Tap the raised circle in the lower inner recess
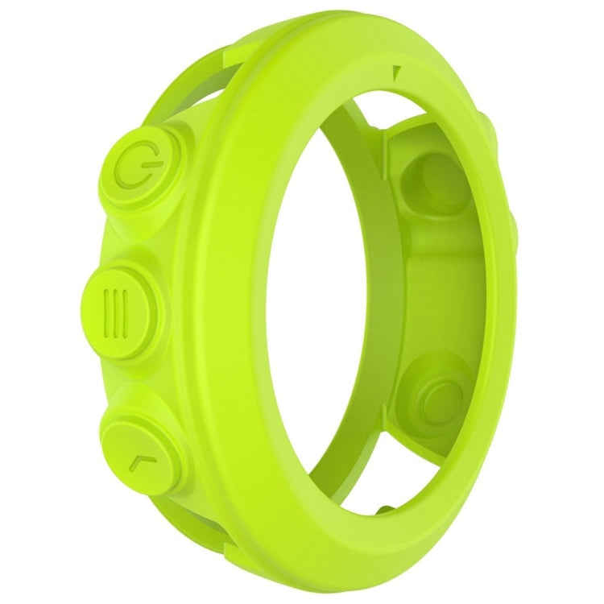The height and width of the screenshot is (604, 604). (x=441, y=395)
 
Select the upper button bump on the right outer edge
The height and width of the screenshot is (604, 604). (x=489, y=129)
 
